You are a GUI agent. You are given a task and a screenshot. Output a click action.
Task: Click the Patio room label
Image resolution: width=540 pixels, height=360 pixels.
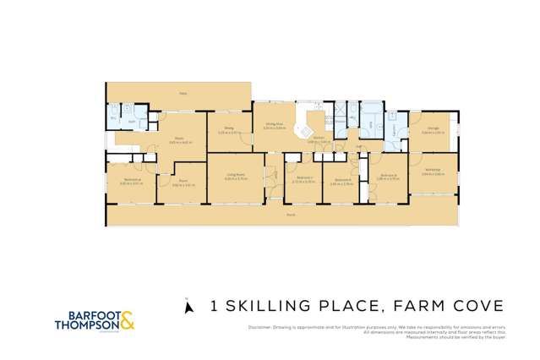point(182,93)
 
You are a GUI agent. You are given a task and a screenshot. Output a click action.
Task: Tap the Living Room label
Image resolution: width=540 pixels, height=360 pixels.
point(235,176)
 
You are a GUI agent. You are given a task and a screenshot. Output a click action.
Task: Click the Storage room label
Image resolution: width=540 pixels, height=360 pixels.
point(434,128)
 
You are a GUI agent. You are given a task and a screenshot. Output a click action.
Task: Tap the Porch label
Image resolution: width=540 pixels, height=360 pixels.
point(290,215)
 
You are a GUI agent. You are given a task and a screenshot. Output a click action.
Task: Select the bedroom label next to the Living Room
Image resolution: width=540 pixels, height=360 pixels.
point(303,179)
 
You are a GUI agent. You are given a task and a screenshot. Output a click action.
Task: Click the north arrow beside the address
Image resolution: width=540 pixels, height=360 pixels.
point(189,305)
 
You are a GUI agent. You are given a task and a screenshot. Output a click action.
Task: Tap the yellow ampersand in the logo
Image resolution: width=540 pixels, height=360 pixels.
point(127,320)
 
